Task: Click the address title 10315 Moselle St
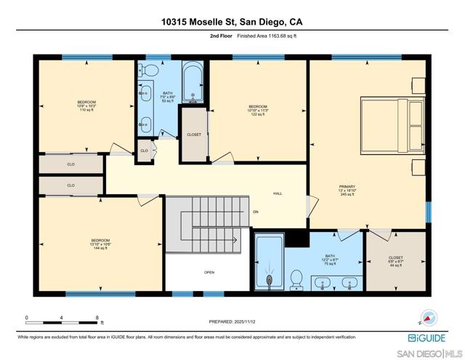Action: [232, 22]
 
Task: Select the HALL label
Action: [278, 193]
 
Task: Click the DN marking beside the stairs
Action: [255, 212]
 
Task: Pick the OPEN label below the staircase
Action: [209, 273]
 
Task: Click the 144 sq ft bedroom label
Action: [100, 244]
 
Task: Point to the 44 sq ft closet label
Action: [395, 261]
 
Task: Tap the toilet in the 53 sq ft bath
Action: [150, 71]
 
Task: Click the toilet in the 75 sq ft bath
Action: [296, 279]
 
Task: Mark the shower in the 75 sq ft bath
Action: [270, 263]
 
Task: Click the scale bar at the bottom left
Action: [62, 321]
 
